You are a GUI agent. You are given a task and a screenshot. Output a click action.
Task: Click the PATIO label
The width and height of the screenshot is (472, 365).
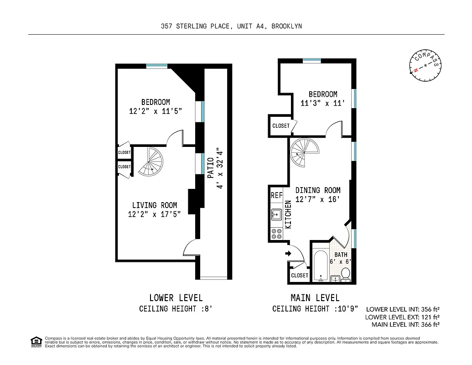211,167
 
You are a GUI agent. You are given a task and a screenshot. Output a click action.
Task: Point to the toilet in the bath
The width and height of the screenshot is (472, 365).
346,275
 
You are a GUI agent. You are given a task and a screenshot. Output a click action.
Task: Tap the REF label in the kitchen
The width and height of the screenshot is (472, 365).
277,195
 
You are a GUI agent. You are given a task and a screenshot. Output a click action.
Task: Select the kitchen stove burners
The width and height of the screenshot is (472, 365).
276,234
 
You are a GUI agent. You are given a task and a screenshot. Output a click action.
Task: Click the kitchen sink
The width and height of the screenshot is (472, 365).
276,214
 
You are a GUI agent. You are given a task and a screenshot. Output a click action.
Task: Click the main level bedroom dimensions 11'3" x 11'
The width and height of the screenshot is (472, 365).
319,104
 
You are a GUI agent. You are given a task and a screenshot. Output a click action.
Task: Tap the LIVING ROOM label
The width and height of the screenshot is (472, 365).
155,205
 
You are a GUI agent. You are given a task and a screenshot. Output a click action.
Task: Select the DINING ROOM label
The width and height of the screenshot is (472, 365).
318,190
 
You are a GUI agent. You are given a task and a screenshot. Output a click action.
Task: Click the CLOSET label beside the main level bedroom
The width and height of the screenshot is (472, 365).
281,126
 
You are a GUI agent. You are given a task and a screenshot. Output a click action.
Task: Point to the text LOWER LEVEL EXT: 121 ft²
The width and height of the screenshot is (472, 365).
402,317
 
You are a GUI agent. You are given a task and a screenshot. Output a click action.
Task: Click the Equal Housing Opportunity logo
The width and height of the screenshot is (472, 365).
36,341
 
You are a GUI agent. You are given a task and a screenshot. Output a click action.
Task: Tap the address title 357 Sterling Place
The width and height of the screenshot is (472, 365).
231,26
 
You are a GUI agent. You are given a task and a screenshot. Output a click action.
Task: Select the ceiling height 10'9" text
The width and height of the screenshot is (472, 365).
316,309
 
